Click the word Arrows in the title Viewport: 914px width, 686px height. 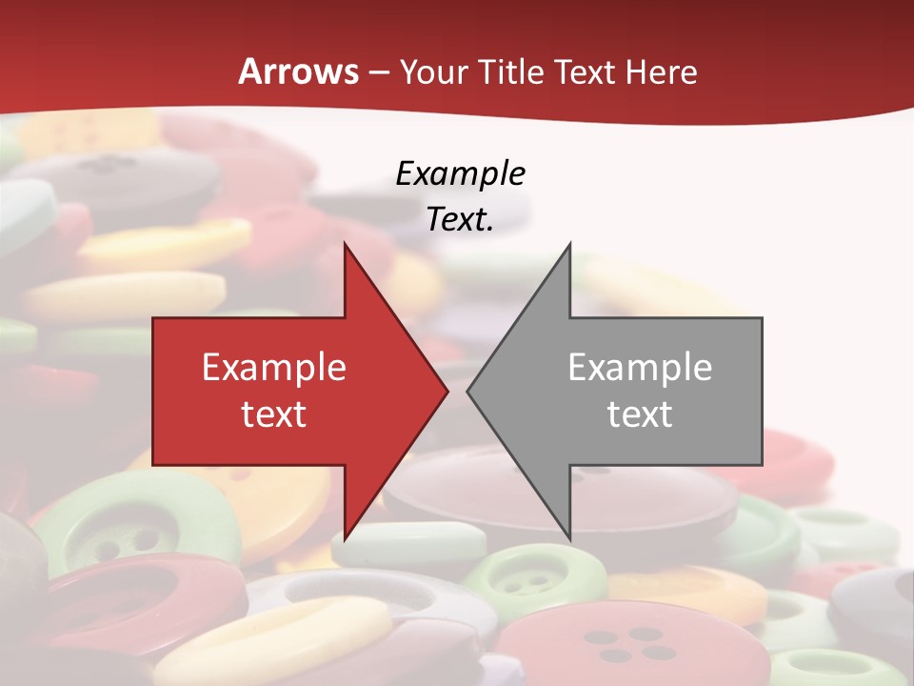coord(299,71)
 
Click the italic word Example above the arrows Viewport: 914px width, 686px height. coord(460,173)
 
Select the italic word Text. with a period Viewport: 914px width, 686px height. coord(460,219)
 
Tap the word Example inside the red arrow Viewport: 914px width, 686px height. coord(274,367)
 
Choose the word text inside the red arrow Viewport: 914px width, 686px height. coord(274,414)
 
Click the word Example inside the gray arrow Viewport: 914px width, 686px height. coord(640,367)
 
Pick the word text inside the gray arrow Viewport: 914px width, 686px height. coord(640,414)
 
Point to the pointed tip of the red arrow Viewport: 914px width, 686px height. coord(447,391)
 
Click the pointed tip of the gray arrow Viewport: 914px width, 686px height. coord(468,391)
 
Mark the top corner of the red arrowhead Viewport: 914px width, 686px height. coord(345,244)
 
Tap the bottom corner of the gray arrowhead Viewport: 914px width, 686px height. coord(569,538)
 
